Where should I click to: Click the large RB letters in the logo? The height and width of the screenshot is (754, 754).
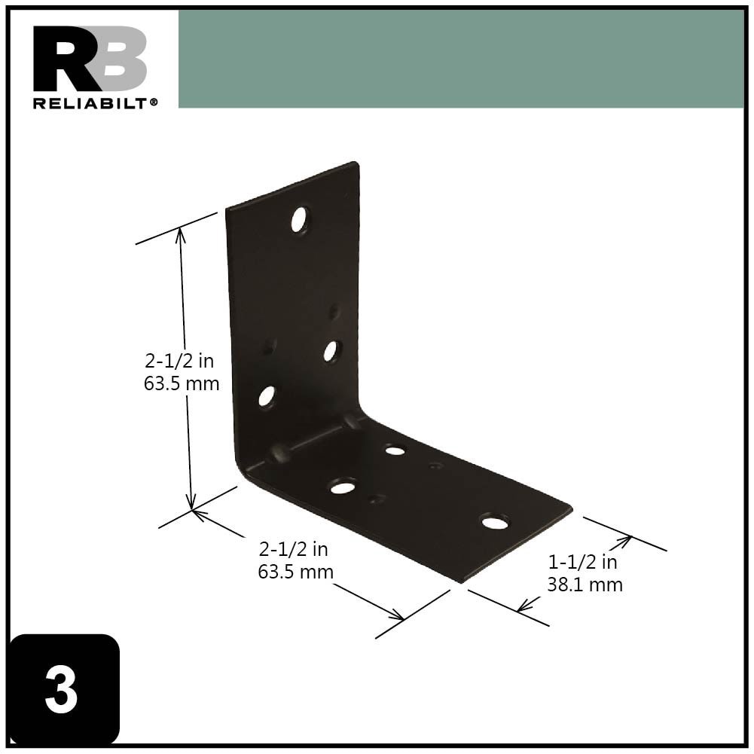pyautogui.click(x=90, y=59)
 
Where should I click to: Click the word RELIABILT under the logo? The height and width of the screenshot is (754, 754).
pyautogui.click(x=91, y=103)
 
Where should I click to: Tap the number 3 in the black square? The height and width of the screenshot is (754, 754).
pyautogui.click(x=62, y=691)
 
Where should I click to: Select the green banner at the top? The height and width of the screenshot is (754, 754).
pyautogui.click(x=460, y=59)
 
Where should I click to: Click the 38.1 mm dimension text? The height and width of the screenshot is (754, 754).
pyautogui.click(x=585, y=584)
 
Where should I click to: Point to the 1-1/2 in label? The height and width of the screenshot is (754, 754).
pyautogui.click(x=583, y=562)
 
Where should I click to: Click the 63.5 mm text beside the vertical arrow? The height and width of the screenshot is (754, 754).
pyautogui.click(x=182, y=383)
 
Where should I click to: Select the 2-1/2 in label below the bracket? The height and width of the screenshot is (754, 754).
pyautogui.click(x=294, y=549)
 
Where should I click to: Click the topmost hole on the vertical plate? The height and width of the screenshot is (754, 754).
pyautogui.click(x=300, y=219)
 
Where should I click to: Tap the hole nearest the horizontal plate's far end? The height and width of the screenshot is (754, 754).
pyautogui.click(x=494, y=521)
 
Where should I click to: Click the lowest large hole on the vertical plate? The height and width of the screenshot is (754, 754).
pyautogui.click(x=267, y=396)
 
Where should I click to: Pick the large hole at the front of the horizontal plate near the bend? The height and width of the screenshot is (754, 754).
pyautogui.click(x=343, y=487)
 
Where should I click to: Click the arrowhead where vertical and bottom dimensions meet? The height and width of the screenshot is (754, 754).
pyautogui.click(x=194, y=510)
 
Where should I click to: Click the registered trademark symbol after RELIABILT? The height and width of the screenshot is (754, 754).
pyautogui.click(x=154, y=101)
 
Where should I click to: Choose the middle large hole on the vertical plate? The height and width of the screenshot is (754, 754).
pyautogui.click(x=331, y=350)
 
